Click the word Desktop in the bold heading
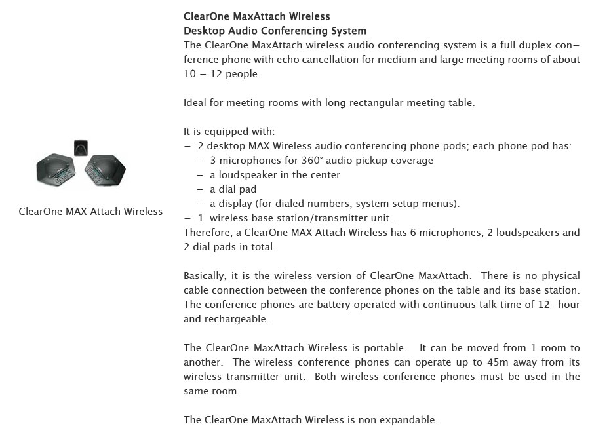coord(204,31)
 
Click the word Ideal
coord(196,103)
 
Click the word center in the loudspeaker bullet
coord(326,175)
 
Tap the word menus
coord(442,204)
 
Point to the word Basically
coord(205,276)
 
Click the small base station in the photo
coord(81,148)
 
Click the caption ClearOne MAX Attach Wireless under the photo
coord(90,212)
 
